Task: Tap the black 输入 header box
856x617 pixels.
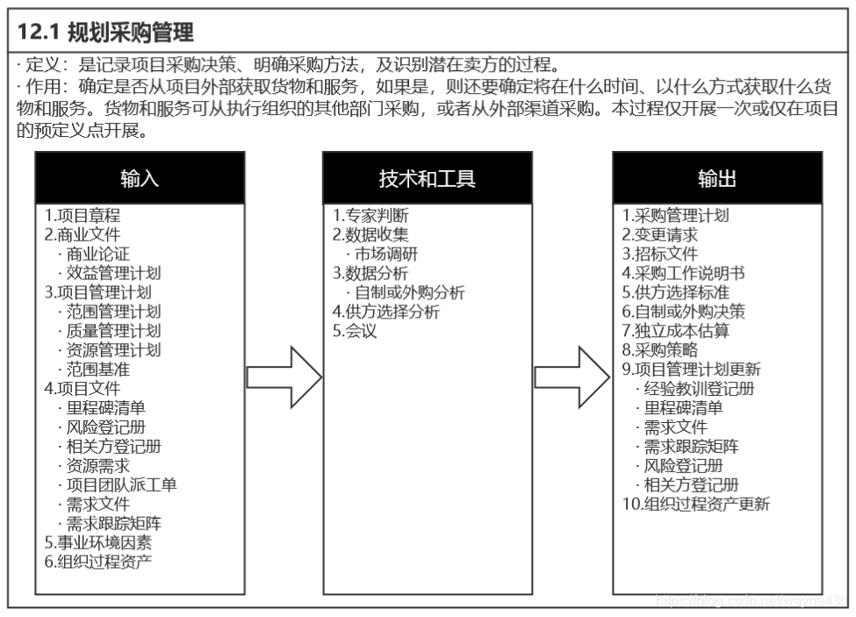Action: coord(140,178)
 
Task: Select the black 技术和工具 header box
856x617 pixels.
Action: coord(427,178)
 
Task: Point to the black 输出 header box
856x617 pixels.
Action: coord(717,178)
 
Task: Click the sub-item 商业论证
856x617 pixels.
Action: coord(97,254)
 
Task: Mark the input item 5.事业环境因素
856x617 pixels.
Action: coord(98,542)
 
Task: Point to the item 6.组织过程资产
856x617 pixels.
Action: coord(98,562)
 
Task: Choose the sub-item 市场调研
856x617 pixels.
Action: coord(386,254)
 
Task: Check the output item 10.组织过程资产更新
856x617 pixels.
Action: coord(696,504)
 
